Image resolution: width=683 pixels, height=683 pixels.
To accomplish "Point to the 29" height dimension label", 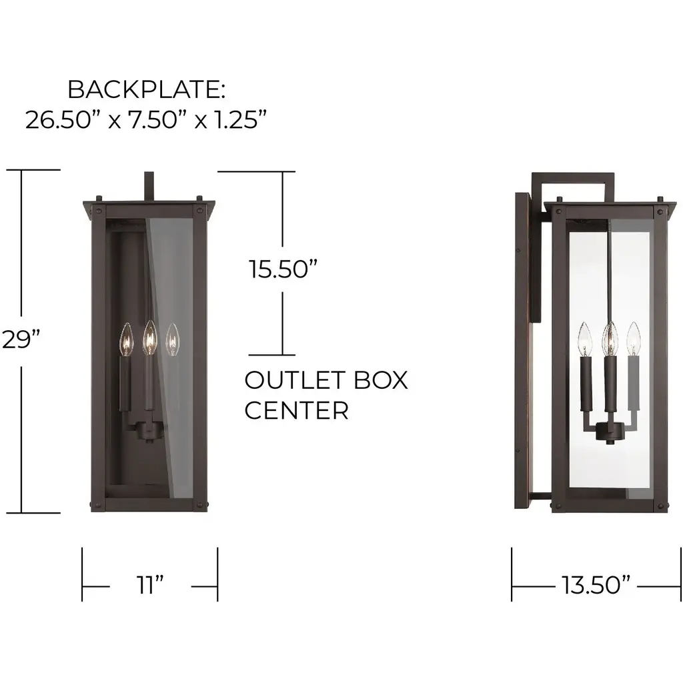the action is (21, 339).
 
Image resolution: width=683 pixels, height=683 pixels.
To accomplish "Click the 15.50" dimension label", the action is (283, 269).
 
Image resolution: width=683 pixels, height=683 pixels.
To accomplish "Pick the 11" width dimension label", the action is (150, 584).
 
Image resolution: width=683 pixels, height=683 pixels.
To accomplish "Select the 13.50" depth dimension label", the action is (596, 585).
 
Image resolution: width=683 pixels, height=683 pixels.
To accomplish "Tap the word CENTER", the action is (297, 410).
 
